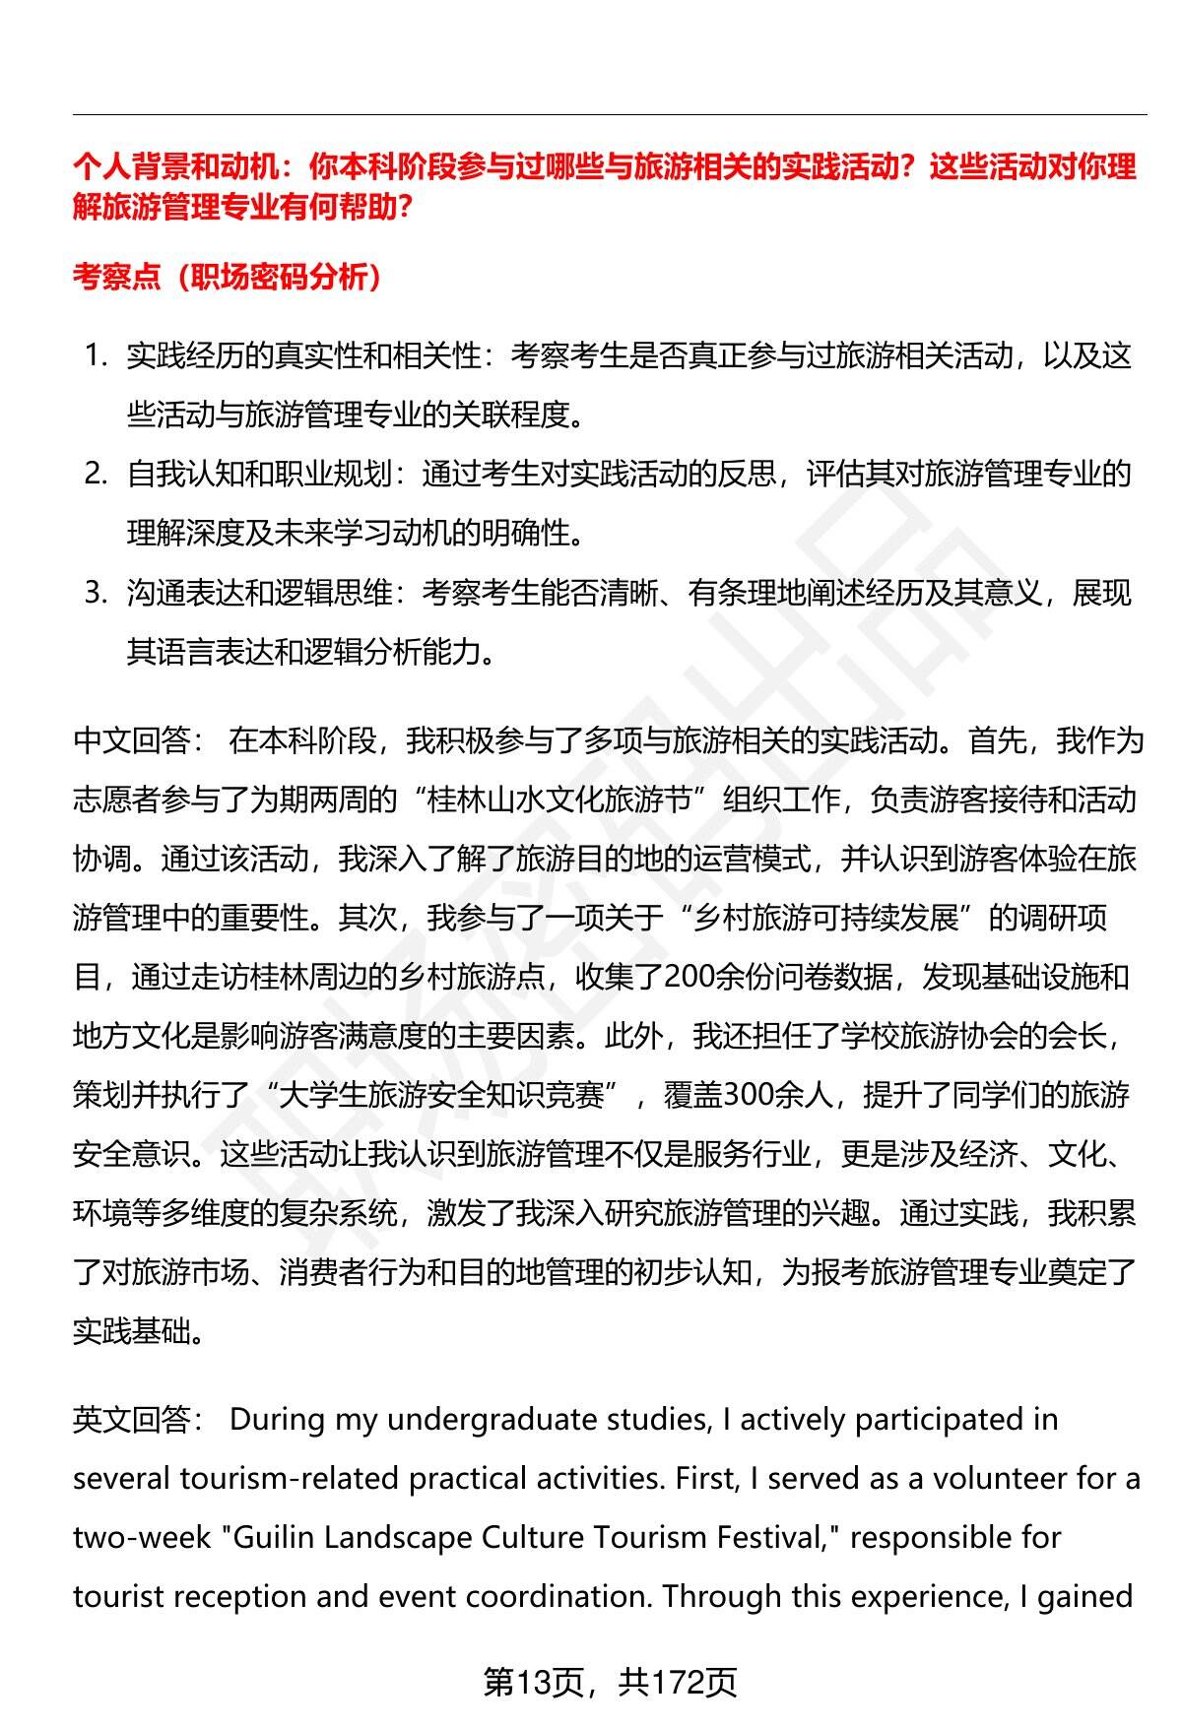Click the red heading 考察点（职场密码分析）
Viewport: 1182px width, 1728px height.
(x=228, y=278)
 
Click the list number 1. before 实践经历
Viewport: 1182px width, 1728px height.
(x=96, y=355)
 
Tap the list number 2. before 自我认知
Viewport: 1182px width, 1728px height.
(x=96, y=474)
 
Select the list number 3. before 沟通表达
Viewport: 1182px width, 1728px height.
(x=96, y=593)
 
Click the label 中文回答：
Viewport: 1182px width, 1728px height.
(x=139, y=740)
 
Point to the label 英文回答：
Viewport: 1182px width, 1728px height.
(x=139, y=1420)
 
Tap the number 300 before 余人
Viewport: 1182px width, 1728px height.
(x=752, y=1095)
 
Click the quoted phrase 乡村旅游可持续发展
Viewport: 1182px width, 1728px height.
(x=827, y=918)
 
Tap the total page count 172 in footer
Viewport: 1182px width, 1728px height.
(x=677, y=1683)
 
